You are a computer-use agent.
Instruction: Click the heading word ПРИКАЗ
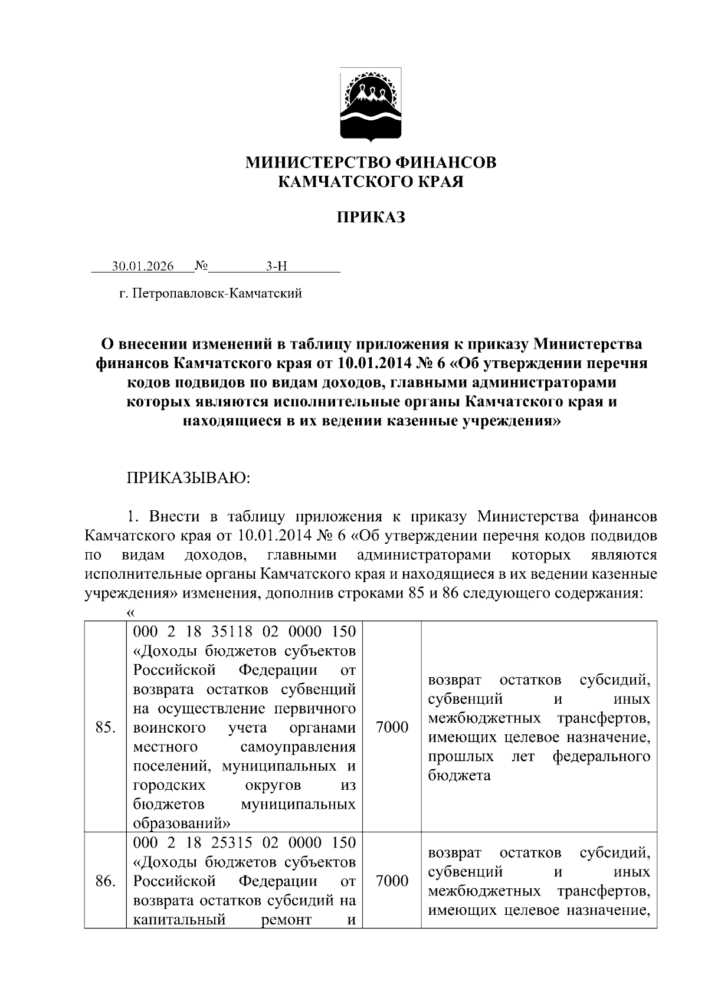tap(371, 218)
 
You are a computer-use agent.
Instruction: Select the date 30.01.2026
tap(143, 267)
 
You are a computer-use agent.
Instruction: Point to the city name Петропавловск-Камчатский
tap(218, 293)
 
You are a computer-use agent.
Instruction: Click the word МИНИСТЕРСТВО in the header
tap(313, 162)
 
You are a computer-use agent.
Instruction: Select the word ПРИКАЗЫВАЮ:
tap(189, 477)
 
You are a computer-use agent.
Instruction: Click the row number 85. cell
tap(105, 727)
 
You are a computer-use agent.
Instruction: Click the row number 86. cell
tap(105, 881)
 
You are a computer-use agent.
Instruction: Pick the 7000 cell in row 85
tap(392, 727)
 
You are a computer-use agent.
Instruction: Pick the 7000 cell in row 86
tap(392, 881)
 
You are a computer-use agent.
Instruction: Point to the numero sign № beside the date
tap(201, 267)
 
